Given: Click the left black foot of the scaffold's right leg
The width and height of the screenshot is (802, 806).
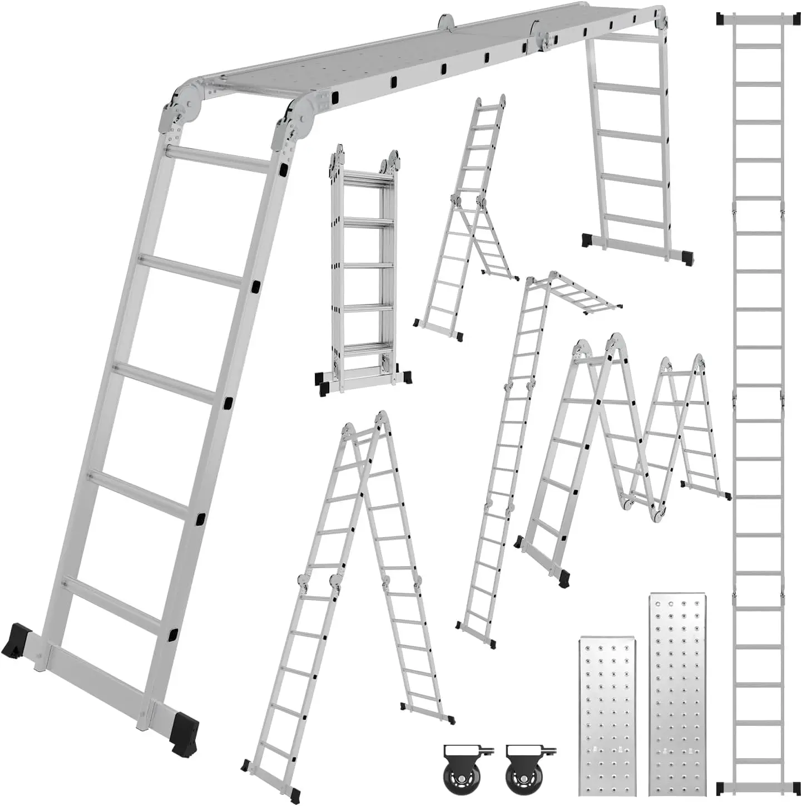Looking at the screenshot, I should pos(587,239).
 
